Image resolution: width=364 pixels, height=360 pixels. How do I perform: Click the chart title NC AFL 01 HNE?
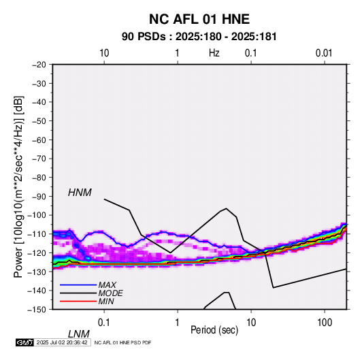[199, 19]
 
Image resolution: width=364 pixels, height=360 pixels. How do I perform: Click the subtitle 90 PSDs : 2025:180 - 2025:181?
[199, 37]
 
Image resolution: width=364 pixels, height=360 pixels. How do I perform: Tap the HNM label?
[80, 193]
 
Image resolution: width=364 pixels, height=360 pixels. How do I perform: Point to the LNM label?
[79, 334]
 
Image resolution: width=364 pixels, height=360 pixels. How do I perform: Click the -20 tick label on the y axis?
[39, 65]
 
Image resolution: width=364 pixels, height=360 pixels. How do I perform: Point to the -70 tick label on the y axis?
[39, 159]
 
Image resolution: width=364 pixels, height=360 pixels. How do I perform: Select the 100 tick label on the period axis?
[325, 323]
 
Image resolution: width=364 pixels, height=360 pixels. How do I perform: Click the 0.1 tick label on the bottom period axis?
[104, 323]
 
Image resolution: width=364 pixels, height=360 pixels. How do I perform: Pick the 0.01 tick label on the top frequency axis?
[324, 53]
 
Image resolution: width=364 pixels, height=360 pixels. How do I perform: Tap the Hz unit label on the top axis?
[214, 53]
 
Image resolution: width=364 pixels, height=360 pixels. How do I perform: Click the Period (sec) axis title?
[214, 330]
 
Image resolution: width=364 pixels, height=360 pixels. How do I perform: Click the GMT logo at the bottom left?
[25, 342]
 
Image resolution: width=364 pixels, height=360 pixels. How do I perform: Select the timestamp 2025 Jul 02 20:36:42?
[62, 342]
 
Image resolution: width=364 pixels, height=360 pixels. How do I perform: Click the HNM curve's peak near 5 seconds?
[226, 208]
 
